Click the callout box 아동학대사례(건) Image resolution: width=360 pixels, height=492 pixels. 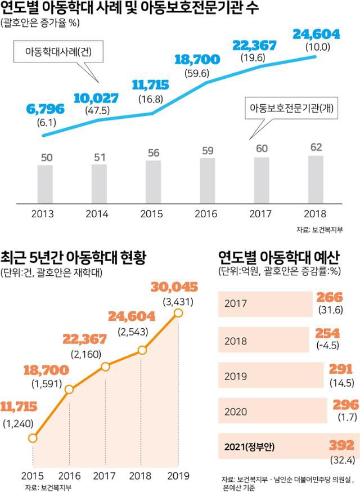click(x=56, y=52)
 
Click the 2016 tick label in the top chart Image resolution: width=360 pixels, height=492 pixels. click(x=208, y=213)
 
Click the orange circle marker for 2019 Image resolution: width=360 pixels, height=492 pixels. click(x=179, y=312)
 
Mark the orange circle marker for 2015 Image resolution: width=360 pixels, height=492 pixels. click(x=33, y=437)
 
